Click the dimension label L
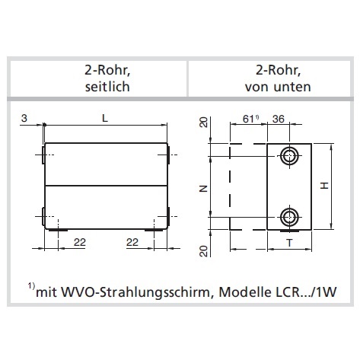pyautogui.click(x=105, y=118)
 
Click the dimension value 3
pyautogui.click(x=24, y=118)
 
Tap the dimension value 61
pyautogui.click(x=248, y=119)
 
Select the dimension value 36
pyautogui.click(x=279, y=119)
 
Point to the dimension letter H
pyautogui.click(x=324, y=186)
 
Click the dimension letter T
pyautogui.click(x=289, y=243)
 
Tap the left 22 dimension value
pyautogui.click(x=80, y=242)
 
